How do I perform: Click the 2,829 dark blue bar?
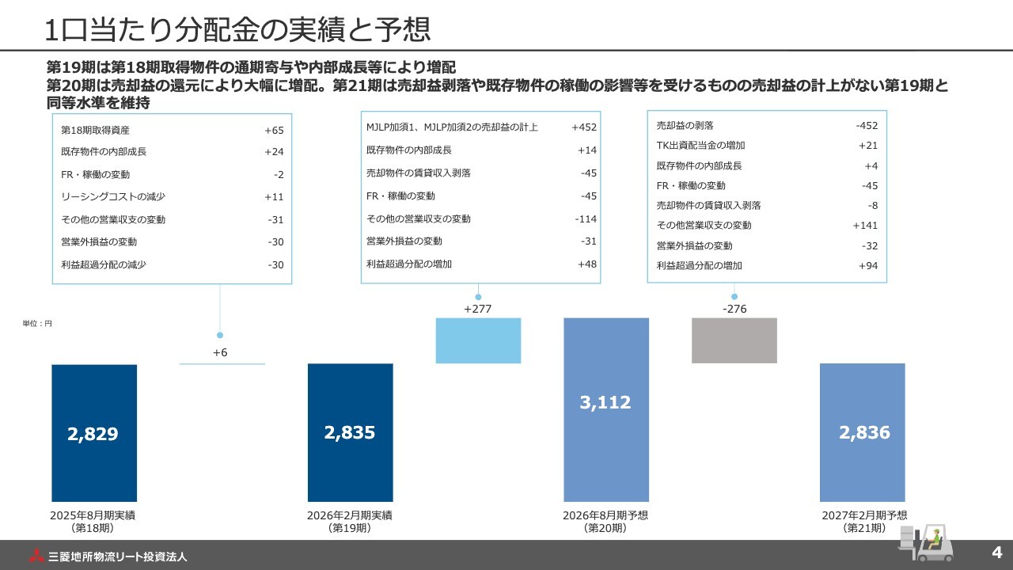[94, 433]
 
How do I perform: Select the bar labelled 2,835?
[350, 432]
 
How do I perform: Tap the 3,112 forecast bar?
[605, 409]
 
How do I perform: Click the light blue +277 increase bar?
[478, 340]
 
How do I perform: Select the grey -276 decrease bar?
[734, 340]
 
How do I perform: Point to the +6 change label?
[220, 352]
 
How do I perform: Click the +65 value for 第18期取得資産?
[274, 130]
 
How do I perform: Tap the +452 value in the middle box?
[584, 127]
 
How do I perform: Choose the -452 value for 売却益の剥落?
[867, 125]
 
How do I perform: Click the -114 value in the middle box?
[586, 218]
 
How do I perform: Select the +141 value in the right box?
[865, 226]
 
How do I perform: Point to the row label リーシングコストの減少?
[113, 197]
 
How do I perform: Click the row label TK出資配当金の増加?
[700, 146]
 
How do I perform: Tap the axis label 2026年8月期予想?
[605, 515]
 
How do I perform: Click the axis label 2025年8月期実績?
[93, 515]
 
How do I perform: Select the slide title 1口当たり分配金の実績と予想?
[237, 30]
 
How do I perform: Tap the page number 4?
[996, 551]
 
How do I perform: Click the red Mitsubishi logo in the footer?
[36, 556]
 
